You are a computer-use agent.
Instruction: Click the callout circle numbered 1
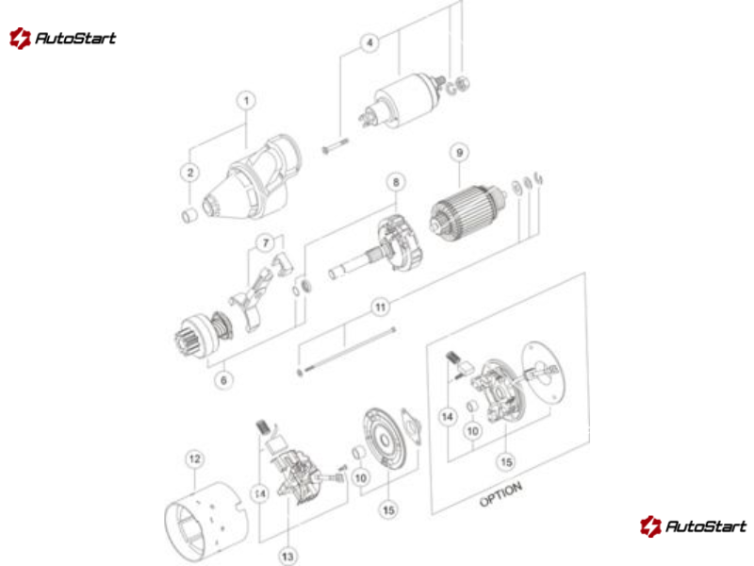pyautogui.click(x=246, y=101)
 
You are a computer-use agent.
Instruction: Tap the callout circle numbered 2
pyautogui.click(x=190, y=173)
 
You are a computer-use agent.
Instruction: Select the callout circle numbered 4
pyautogui.click(x=369, y=42)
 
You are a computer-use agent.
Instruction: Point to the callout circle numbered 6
pyautogui.click(x=223, y=380)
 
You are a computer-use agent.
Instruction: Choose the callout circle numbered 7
pyautogui.click(x=266, y=243)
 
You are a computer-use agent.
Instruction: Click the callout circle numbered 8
pyautogui.click(x=396, y=182)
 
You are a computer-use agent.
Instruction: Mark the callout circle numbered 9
pyautogui.click(x=459, y=153)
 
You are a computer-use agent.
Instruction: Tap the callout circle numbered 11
pyautogui.click(x=381, y=308)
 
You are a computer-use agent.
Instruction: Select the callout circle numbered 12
pyautogui.click(x=194, y=458)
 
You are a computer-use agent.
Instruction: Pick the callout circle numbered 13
pyautogui.click(x=287, y=557)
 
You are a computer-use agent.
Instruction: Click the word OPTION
pyautogui.click(x=500, y=494)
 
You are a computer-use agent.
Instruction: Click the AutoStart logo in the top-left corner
pyautogui.click(x=62, y=38)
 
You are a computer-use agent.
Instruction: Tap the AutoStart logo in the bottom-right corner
pyautogui.click(x=693, y=526)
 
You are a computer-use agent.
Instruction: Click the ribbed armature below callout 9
pyautogui.click(x=467, y=212)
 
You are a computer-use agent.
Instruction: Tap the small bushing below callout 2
pyautogui.click(x=189, y=215)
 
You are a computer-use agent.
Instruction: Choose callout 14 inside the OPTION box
pyautogui.click(x=447, y=416)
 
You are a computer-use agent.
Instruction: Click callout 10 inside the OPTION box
pyautogui.click(x=473, y=431)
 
